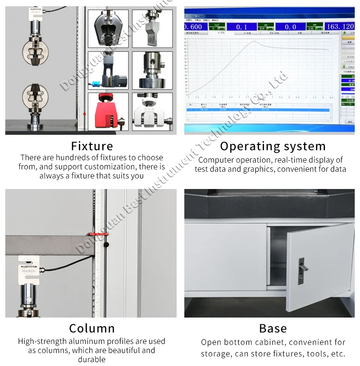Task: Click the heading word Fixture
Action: tap(92, 146)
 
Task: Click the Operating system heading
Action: tap(273, 146)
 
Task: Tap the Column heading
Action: tap(92, 329)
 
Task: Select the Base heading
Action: tap(273, 329)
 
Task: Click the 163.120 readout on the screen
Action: tap(340, 27)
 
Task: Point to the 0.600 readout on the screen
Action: tap(193, 27)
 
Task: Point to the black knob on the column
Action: tap(106, 245)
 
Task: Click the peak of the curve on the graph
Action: tap(254, 42)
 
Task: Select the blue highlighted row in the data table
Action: tap(258, 110)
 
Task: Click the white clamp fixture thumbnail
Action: tap(152, 112)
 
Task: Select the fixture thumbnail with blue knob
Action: tap(108, 71)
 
